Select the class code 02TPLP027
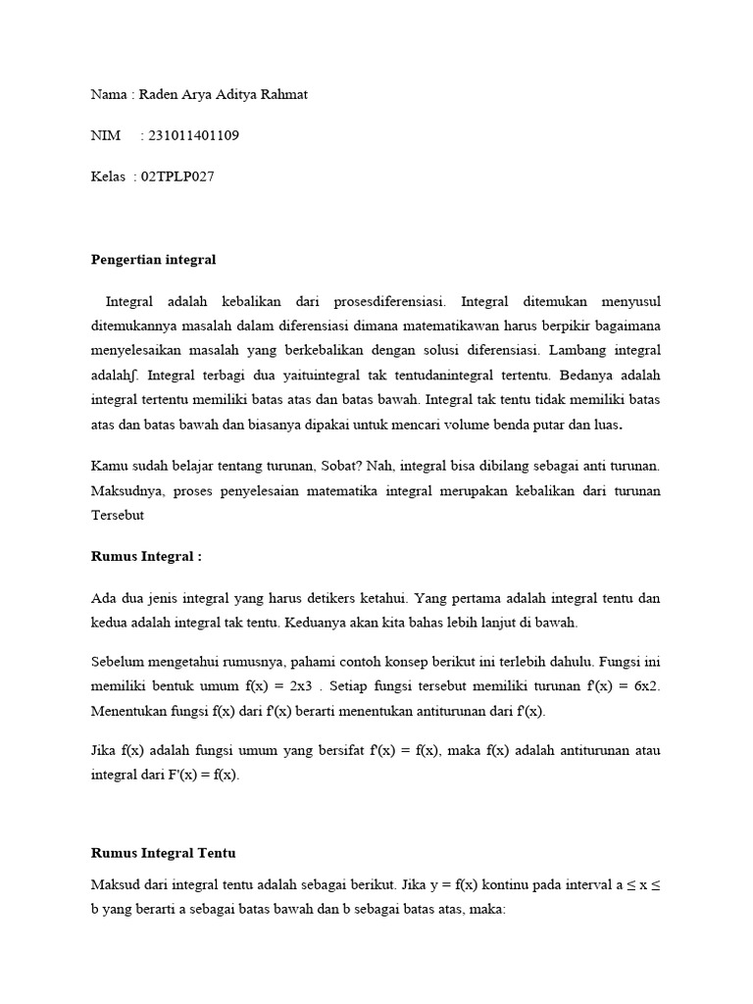[177, 176]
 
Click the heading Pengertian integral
[153, 260]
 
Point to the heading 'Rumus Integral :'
[146, 556]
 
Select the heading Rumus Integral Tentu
[163, 853]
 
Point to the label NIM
[105, 135]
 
